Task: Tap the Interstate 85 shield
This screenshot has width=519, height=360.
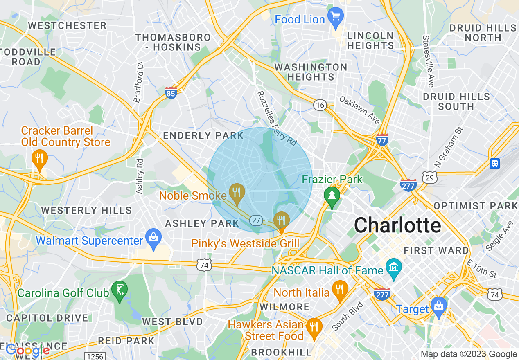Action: (171, 93)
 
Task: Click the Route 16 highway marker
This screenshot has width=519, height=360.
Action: (320, 106)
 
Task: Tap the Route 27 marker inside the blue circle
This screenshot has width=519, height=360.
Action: (256, 220)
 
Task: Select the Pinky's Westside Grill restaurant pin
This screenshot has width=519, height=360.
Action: (281, 221)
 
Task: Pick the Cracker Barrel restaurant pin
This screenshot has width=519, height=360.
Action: (39, 159)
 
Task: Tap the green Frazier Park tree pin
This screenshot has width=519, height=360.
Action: (332, 196)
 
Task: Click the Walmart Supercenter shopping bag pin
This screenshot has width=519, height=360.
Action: (153, 238)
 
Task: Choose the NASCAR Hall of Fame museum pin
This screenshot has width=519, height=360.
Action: (394, 268)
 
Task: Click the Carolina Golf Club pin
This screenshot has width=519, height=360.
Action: (120, 291)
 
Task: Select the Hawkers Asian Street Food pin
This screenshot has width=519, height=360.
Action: (314, 327)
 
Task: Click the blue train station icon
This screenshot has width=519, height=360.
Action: (495, 164)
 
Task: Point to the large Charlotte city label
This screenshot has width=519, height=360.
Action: (397, 225)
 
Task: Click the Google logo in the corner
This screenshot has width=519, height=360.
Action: (27, 351)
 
